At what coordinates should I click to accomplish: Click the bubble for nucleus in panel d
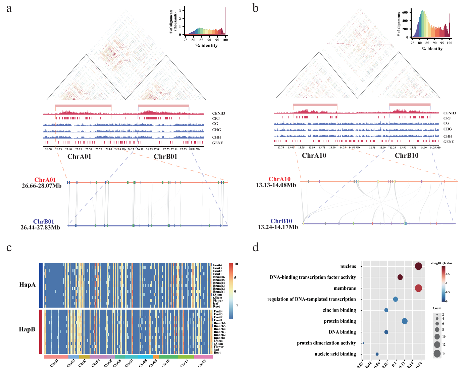coord(418,266)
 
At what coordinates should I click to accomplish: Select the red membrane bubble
coord(418,288)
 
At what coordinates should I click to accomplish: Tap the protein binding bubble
coord(405,321)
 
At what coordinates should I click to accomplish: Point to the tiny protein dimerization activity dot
coord(363,343)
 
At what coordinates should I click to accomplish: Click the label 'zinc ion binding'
coord(339,310)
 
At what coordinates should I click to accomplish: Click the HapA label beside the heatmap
coord(28,285)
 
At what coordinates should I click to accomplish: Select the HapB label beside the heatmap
coord(27,329)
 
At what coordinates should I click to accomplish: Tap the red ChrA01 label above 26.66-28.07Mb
coord(45,180)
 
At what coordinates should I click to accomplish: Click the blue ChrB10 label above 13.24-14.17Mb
coord(281,221)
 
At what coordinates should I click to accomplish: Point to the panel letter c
coord(9,248)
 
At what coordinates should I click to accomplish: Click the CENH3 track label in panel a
coord(219,113)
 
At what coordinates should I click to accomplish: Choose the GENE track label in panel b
coord(449,142)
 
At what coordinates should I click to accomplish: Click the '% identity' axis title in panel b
coord(432,49)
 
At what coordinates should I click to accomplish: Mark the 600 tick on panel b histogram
coord(405,12)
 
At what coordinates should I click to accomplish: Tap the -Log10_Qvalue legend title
coord(441,263)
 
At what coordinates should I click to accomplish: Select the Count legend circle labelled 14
coord(437,354)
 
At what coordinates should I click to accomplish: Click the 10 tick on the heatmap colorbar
coord(236,264)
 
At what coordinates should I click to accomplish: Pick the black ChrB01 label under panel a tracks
coord(165,157)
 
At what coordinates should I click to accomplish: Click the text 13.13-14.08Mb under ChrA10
coord(276,185)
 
